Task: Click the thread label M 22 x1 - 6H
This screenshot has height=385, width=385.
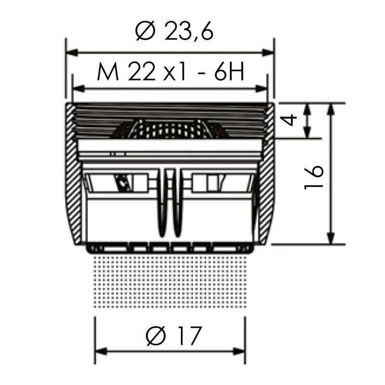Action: (x=171, y=73)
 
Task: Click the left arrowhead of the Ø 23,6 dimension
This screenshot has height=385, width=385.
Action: (x=70, y=52)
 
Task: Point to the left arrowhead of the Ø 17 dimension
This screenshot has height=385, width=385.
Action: (x=99, y=352)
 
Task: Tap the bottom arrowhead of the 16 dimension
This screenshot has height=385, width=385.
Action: (x=331, y=239)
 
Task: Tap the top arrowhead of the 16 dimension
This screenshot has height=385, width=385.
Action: (x=331, y=109)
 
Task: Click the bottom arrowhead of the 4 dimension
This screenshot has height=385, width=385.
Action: (x=307, y=133)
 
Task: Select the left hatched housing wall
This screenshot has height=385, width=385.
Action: (x=72, y=173)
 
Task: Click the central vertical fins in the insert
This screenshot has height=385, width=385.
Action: (x=171, y=202)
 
